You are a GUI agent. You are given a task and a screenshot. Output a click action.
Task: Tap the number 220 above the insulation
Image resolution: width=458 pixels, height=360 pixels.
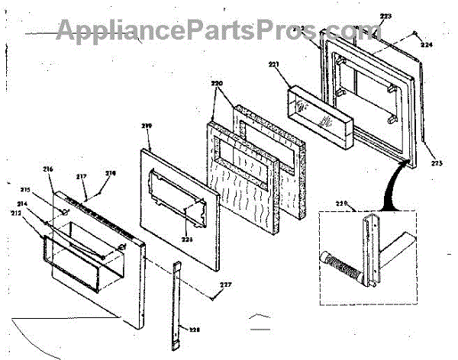click(216, 82)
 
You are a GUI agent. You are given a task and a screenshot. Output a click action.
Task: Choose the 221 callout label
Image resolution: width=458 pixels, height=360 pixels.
click(274, 65)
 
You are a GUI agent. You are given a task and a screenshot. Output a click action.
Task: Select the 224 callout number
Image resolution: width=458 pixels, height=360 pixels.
click(426, 44)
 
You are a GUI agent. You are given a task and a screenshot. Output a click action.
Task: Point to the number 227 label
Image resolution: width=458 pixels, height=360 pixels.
click(224, 287)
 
